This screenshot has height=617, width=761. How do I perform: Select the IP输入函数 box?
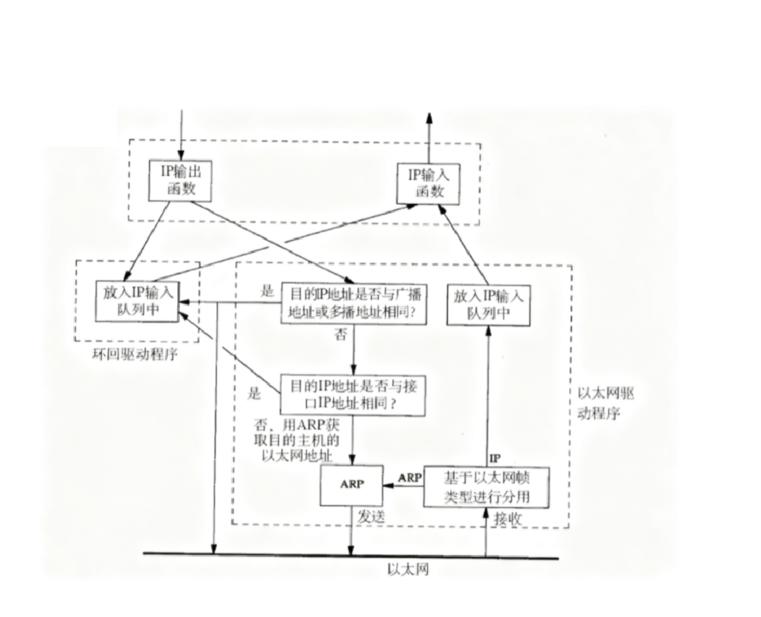coord(427,182)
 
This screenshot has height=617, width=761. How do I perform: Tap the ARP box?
coord(351,485)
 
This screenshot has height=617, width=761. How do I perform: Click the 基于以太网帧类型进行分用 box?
coord(486,486)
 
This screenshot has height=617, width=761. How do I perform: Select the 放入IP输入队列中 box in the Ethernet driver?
coord(488,304)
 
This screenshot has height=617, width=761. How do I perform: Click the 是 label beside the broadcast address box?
coord(267,290)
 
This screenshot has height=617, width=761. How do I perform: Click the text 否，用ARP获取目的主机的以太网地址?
coord(302,439)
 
